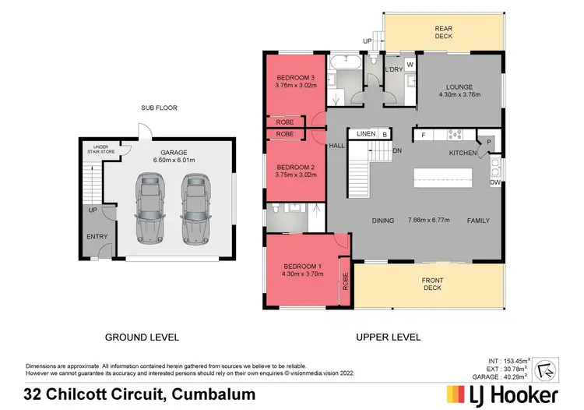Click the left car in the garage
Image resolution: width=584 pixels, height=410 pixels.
point(149,207)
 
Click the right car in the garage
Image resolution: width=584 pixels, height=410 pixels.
point(195,207)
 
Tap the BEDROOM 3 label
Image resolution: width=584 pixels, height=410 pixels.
point(295,76)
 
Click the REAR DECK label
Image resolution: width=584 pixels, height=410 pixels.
point(444,33)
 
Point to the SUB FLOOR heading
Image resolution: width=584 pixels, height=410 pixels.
point(157,108)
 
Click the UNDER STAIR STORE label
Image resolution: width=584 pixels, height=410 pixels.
point(100,149)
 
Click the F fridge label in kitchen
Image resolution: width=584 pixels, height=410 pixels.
point(423,136)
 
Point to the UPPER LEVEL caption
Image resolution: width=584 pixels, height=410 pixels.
point(388,338)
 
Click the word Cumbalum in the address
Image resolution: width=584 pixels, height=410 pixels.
point(214,394)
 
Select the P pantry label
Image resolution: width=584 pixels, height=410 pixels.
point(489,142)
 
